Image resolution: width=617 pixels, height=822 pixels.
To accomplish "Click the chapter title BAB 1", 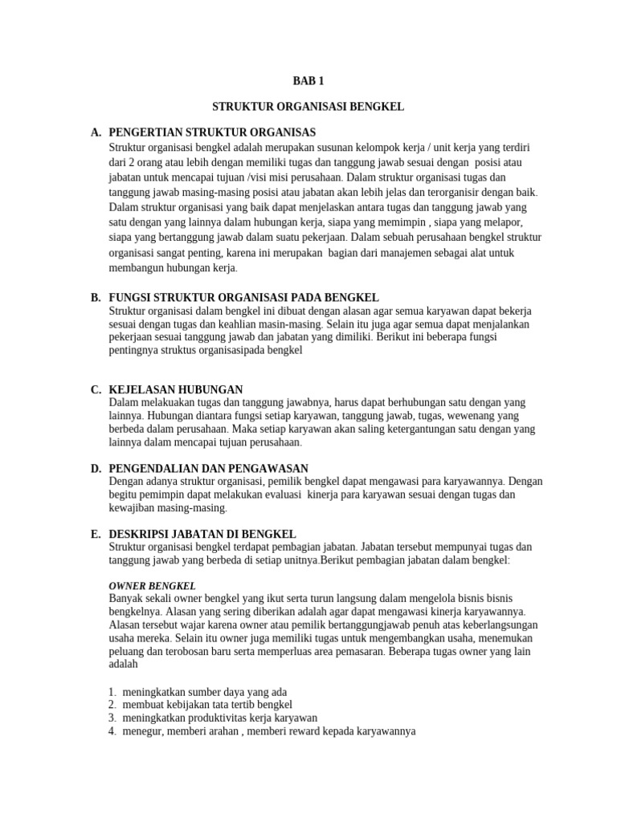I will click(x=308, y=80).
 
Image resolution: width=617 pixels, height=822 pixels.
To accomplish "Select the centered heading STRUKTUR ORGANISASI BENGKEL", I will click(x=308, y=106).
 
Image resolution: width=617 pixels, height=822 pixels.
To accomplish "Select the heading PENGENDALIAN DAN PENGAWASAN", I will click(x=208, y=468).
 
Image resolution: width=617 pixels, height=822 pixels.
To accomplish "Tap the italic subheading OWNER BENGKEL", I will click(x=152, y=586).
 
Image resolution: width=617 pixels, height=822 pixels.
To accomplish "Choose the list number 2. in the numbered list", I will click(x=112, y=704).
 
